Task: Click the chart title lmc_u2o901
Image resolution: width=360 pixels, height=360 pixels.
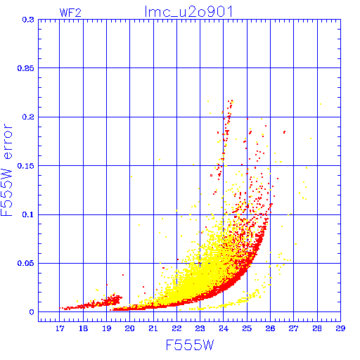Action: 188,12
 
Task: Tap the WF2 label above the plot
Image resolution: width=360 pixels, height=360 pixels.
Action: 70,13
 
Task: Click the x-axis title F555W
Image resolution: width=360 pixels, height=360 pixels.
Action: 190,345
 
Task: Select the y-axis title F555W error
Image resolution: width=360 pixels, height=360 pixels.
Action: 6,170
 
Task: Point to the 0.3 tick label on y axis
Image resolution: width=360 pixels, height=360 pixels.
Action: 28,20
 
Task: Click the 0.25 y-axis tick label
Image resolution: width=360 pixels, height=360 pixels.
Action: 26,68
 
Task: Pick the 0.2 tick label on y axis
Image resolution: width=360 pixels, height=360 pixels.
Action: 28,117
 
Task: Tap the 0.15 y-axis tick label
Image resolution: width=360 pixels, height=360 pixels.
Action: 26,166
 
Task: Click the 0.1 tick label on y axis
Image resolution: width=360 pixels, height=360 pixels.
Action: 28,214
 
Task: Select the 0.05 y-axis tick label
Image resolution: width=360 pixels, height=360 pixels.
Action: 26,263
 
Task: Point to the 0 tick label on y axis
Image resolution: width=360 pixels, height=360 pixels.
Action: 32,312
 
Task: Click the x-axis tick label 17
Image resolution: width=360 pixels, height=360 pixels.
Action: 60,328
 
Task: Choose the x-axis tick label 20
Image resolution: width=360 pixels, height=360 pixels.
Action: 129,328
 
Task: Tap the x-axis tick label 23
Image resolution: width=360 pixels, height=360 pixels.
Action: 200,328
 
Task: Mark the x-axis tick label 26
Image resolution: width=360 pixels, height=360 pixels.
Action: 270,328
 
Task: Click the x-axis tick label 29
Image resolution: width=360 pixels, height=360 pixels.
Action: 340,328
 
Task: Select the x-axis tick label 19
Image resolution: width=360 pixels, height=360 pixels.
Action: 106,328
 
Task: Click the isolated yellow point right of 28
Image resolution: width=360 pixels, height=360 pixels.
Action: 321,104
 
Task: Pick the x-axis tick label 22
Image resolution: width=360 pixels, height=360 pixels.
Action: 176,328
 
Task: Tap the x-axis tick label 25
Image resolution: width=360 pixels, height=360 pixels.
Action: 247,328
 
